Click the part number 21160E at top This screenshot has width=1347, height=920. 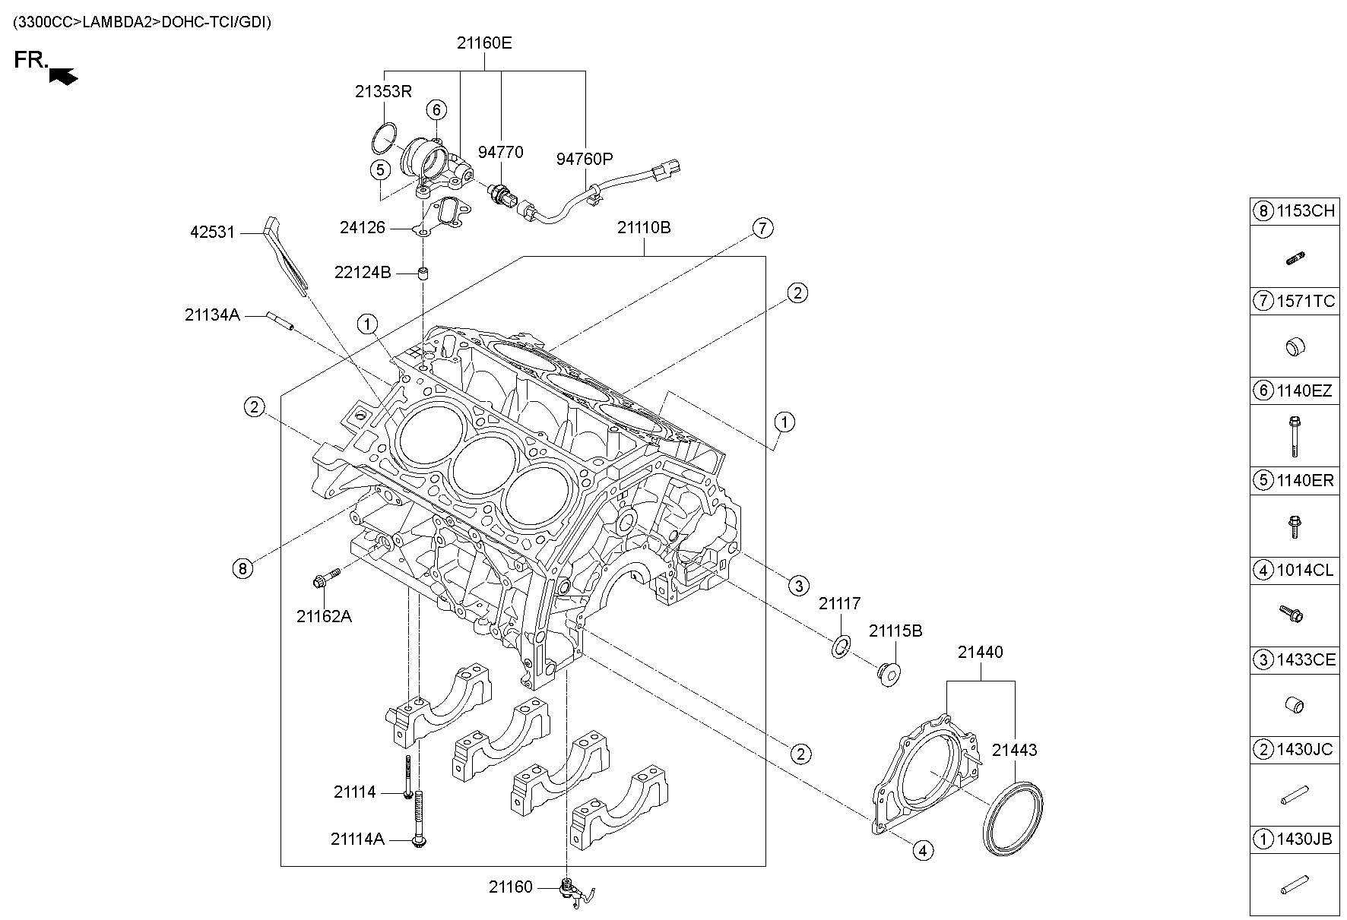484,43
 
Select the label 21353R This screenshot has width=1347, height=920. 383,92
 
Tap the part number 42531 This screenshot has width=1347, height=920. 212,232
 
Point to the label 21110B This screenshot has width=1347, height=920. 644,227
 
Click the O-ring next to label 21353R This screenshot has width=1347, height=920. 385,137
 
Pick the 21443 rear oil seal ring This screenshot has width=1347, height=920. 1013,818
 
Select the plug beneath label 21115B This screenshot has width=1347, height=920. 888,673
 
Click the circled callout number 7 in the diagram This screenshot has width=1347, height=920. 763,227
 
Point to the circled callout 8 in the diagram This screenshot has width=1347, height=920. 242,568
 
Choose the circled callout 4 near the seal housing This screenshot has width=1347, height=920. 922,850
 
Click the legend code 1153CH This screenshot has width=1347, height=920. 1304,211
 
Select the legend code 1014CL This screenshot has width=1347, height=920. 1304,571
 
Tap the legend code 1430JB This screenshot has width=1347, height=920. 1304,839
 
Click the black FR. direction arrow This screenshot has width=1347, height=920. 63,75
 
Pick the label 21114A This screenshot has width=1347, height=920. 357,839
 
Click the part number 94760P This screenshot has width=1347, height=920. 584,159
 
